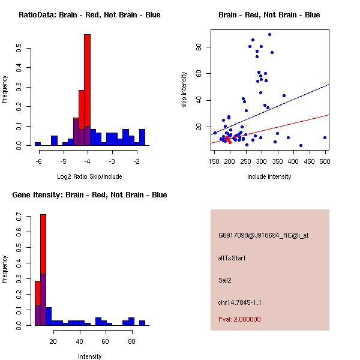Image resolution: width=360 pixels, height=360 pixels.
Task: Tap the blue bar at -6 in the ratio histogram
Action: [x=38, y=143]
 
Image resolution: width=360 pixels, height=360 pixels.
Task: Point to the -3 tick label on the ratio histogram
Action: [x=112, y=161]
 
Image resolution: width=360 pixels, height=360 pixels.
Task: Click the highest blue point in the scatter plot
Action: [x=269, y=34]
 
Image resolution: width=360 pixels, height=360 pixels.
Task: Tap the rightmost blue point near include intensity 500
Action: [x=325, y=137]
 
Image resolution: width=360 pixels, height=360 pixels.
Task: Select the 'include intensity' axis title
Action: [x=269, y=176]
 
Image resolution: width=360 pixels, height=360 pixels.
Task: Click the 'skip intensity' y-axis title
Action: [x=184, y=90]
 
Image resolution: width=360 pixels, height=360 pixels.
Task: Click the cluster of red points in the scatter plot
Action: [x=228, y=139]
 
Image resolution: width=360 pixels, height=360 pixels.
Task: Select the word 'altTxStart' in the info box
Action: [x=232, y=258]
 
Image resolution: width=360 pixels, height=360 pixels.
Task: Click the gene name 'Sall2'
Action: [x=226, y=280]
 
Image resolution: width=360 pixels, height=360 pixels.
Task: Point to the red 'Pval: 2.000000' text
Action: [x=243, y=320]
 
